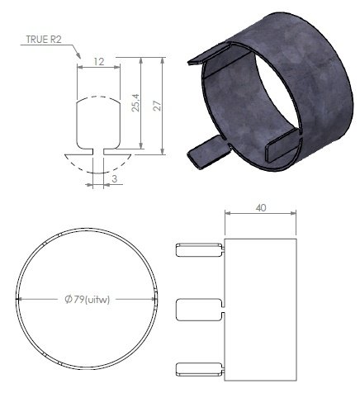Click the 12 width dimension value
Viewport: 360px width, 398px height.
click(98, 62)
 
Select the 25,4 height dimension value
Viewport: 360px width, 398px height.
click(136, 102)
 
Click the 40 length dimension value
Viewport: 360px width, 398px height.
click(261, 209)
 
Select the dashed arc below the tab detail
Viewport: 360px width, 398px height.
click(99, 167)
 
